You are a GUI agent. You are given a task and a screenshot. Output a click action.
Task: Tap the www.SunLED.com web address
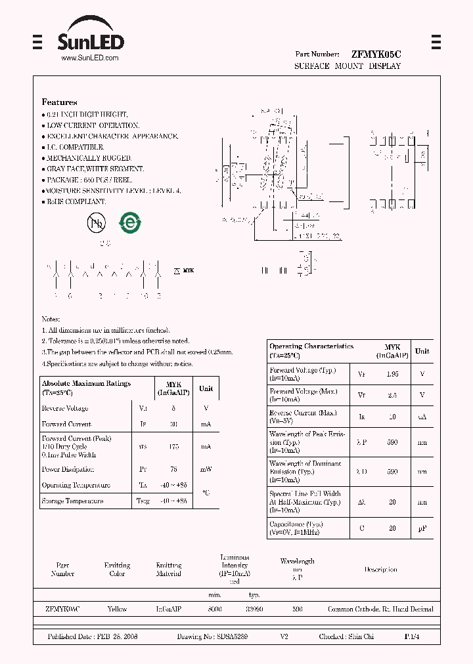click(x=89, y=58)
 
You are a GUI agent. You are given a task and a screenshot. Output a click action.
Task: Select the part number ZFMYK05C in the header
click(x=376, y=54)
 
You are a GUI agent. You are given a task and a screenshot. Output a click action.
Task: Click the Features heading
click(x=59, y=102)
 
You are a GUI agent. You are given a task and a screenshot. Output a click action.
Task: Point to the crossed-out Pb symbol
click(x=96, y=223)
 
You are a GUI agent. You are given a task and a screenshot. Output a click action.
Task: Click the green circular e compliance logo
click(x=129, y=222)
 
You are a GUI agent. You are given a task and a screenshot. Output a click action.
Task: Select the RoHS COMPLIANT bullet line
click(x=76, y=201)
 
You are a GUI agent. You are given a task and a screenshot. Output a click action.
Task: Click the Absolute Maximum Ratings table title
click(x=86, y=383)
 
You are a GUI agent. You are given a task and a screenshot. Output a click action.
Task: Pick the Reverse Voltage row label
click(x=66, y=408)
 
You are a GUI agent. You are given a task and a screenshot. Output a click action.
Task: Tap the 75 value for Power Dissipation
click(x=173, y=469)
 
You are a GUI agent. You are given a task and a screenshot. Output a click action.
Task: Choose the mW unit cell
click(x=206, y=469)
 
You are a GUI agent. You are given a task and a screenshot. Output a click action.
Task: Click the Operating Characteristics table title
click(x=311, y=346)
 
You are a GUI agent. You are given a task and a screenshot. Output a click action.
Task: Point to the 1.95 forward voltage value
click(x=392, y=374)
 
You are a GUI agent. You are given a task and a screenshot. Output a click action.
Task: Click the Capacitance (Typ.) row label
click(x=296, y=524)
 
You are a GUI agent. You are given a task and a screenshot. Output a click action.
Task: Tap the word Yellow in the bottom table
click(x=117, y=609)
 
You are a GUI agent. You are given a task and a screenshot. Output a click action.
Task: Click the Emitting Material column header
click(x=169, y=569)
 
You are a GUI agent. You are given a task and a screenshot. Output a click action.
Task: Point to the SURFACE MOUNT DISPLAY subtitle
click(x=347, y=66)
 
